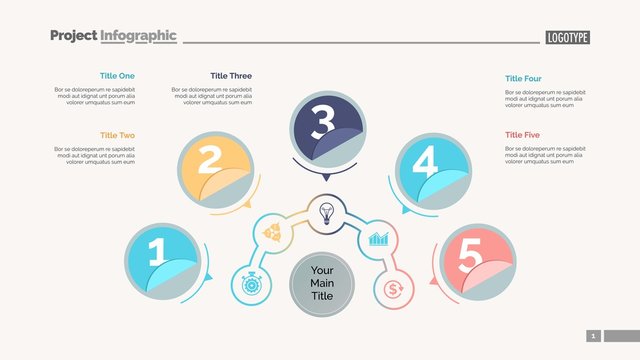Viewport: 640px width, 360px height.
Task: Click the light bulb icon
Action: point(325,212)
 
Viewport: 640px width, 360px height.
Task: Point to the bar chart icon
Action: point(379,239)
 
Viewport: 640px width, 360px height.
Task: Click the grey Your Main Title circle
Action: point(322,283)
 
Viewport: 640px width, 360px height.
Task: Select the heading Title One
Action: point(117,76)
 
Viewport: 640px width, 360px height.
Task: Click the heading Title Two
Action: point(117,135)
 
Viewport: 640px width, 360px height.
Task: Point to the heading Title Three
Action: point(231,76)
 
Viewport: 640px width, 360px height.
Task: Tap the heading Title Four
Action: point(523,78)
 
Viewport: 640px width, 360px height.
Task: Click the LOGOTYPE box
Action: point(568,37)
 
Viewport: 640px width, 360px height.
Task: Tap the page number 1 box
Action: point(594,336)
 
